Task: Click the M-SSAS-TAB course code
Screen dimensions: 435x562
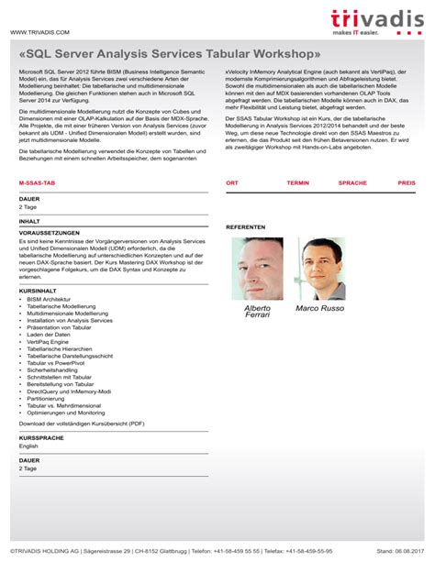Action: pos(37,183)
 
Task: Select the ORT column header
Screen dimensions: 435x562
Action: pos(232,183)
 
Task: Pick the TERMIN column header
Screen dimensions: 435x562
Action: pos(297,183)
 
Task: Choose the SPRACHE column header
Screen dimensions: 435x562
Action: pos(352,183)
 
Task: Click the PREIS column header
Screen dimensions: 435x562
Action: pos(406,183)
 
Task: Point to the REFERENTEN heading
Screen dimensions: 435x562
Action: pos(245,226)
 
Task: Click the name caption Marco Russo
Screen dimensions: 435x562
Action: pos(321,309)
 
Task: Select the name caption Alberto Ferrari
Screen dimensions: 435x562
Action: pos(257,313)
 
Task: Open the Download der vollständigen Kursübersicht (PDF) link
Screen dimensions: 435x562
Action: pos(82,424)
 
